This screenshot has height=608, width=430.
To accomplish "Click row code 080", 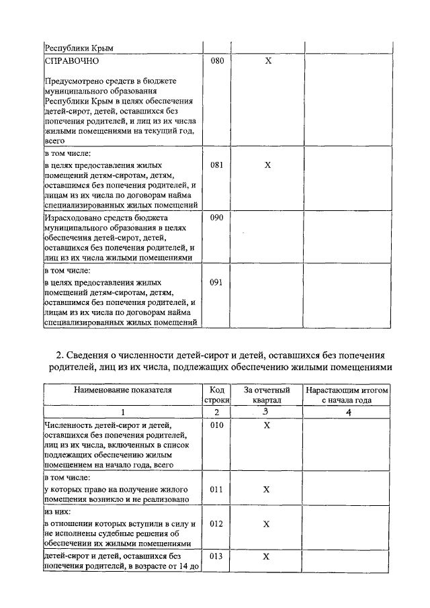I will (216, 60).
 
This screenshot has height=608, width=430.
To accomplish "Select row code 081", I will (216, 165).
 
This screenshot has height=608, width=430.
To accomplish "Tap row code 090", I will (216, 218).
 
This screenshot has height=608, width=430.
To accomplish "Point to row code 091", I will (216, 282).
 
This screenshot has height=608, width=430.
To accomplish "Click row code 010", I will (216, 425).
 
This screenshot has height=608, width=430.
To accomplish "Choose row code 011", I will (216, 490).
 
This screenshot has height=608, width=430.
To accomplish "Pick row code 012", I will (216, 523).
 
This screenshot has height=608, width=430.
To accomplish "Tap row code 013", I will (216, 556).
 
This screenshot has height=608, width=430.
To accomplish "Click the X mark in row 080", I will (267, 60).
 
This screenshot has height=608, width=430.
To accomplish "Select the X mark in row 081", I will (267, 165).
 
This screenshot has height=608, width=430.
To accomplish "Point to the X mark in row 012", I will (267, 523).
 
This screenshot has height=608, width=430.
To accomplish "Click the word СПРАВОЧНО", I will (72, 60).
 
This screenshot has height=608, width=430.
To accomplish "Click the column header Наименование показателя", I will (123, 390).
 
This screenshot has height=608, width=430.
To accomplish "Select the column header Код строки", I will (216, 395).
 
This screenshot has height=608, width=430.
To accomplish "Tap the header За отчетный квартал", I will (267, 395).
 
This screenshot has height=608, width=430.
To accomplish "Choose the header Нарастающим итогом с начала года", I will (347, 395).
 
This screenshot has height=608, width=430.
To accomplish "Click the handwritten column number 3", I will (266, 412).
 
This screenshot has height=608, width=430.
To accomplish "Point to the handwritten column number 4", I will (347, 412).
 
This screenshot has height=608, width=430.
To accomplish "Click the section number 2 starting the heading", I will (58, 355).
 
